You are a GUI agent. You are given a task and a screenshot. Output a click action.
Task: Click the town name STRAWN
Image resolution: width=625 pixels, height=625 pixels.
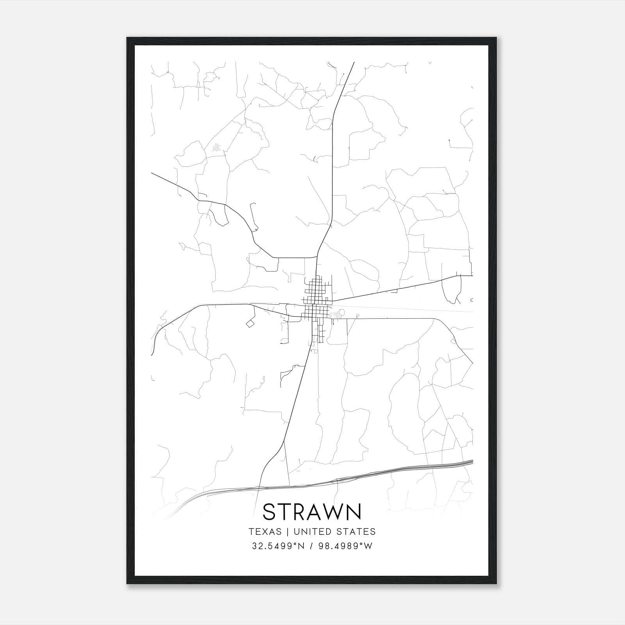pyautogui.click(x=312, y=512)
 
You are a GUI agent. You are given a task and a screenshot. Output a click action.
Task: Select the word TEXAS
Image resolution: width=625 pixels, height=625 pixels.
pyautogui.click(x=265, y=532)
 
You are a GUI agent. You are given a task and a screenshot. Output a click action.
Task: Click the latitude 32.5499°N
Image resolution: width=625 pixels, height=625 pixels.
pyautogui.click(x=277, y=546)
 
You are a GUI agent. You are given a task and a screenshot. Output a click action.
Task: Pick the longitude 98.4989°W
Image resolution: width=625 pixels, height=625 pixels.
pyautogui.click(x=346, y=546)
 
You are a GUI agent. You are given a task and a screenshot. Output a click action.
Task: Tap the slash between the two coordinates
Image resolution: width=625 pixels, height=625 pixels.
pyautogui.click(x=311, y=546)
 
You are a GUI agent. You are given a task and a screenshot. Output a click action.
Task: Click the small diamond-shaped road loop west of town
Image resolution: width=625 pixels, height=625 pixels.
pyautogui.click(x=250, y=323)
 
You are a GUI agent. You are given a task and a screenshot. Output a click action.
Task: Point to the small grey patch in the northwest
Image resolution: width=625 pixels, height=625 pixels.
pyautogui.click(x=216, y=148)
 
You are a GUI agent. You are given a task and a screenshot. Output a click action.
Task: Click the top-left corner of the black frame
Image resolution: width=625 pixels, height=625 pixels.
pyautogui.click(x=128, y=38)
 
